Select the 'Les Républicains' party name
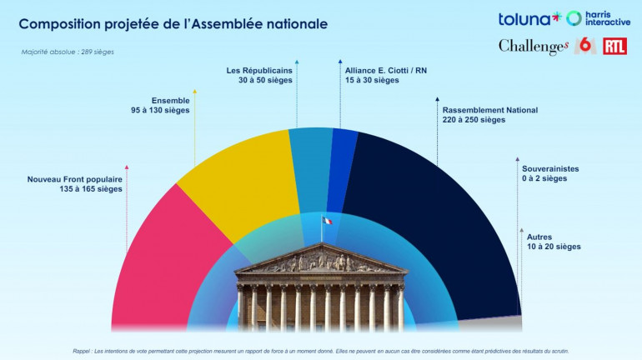point(259,70)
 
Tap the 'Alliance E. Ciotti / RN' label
point(386,70)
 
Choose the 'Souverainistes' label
point(550,168)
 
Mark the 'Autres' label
point(539,237)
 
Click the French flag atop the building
point(327,221)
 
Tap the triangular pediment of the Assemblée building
point(321,260)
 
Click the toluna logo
point(529,18)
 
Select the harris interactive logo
point(598,18)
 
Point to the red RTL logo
point(614,46)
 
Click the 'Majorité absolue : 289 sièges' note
point(68,52)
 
